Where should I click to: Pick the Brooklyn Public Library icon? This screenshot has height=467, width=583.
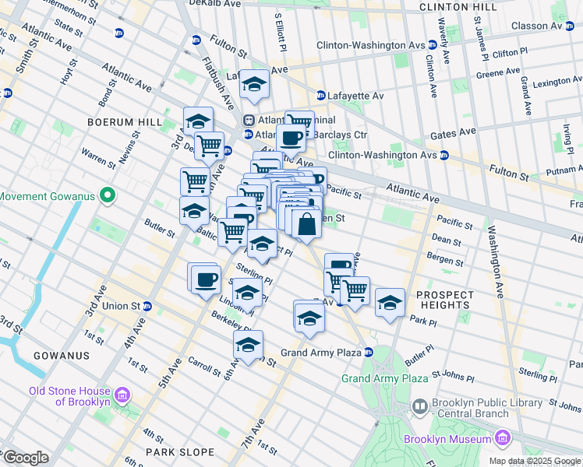(x=420, y=406)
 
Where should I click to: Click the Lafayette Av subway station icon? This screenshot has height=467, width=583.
(x=320, y=96)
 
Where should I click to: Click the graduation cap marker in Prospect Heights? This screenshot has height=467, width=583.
(x=390, y=302)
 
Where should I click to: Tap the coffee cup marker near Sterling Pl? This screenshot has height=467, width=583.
(x=207, y=279)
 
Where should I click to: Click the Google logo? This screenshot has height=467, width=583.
(x=26, y=458)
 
